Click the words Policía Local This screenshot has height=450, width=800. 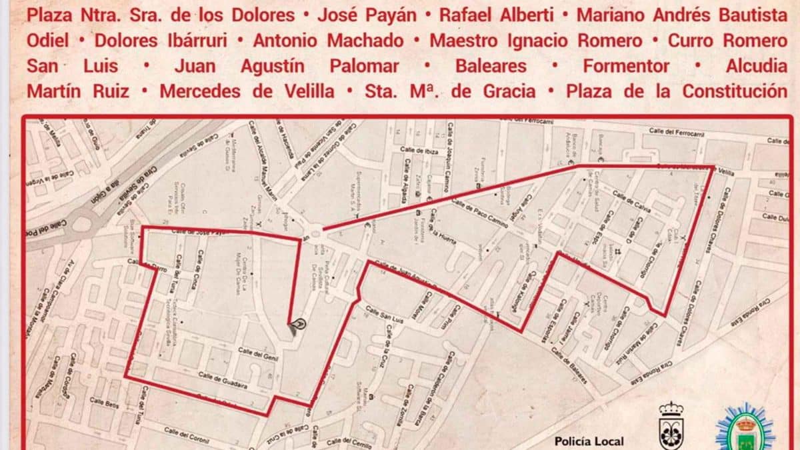[589, 441]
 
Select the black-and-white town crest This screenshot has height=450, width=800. [671, 427]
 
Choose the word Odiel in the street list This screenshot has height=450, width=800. [48, 40]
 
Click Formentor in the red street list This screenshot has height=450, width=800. [625, 65]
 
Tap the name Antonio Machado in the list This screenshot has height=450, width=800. [328, 40]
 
